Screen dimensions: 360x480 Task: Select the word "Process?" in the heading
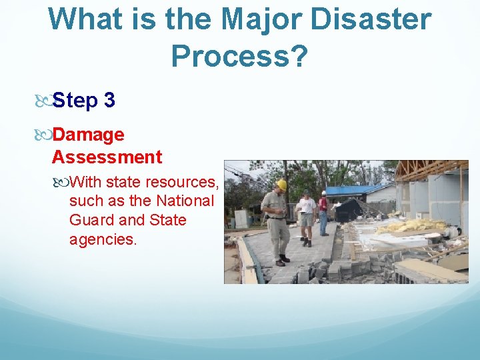point(239,57)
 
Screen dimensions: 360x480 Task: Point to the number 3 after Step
point(109,101)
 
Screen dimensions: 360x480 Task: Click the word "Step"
point(74,101)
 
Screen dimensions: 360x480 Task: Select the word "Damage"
point(88,135)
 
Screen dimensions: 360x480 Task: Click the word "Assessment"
point(107,157)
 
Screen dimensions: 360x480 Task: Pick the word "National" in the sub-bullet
point(185,201)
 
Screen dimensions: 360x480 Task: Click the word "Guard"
point(88,220)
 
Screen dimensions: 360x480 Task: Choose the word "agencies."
point(103,239)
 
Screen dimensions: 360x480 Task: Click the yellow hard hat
point(281,185)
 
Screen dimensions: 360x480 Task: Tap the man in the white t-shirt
point(305,207)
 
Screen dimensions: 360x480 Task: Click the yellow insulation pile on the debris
point(416,225)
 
